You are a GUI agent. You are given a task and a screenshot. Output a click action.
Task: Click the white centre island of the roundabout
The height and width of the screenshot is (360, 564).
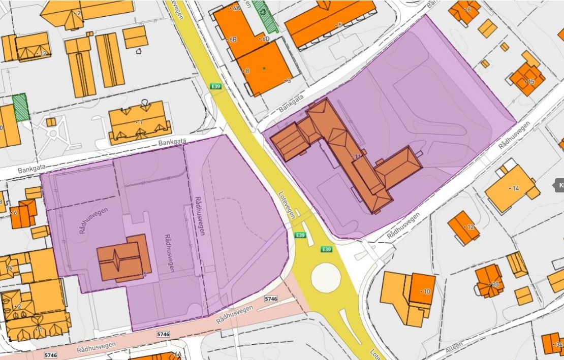pos(326,278)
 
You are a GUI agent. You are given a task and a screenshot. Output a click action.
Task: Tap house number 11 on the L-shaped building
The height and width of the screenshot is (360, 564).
pos(358,157)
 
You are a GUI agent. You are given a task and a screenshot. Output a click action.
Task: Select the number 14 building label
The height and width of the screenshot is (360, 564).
pos(515,188)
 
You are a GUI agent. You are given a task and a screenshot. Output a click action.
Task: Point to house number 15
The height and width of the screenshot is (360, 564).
pos(531,82)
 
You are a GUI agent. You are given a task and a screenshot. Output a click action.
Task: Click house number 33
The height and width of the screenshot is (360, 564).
pos(495,285)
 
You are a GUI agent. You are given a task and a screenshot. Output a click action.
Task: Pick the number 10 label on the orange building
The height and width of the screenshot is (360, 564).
pos(426,291)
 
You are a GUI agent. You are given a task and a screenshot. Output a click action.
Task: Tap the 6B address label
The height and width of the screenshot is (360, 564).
pos(233,39)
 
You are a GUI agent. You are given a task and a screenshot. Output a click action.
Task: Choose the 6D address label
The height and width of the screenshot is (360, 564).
pos(265,39)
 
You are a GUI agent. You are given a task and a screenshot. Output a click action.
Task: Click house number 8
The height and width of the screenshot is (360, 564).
pos(247,71)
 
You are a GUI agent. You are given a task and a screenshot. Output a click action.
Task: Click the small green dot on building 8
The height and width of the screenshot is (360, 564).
pos(264,68)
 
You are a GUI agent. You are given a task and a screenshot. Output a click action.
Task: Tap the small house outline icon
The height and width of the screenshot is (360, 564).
pos(139,51)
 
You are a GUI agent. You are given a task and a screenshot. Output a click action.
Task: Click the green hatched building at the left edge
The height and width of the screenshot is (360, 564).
pos(20,107)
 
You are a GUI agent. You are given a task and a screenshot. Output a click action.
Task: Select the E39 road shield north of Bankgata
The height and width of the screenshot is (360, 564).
pos(215,87)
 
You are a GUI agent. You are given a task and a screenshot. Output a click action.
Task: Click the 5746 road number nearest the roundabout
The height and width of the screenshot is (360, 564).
pos(271,299)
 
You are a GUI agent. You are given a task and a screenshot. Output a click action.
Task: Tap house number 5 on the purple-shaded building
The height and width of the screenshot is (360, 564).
pos(145,275)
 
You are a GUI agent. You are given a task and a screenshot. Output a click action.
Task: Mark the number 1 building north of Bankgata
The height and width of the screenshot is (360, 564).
pos(140,122)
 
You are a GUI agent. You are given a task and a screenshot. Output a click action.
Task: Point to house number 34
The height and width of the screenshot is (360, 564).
pos(559,345)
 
